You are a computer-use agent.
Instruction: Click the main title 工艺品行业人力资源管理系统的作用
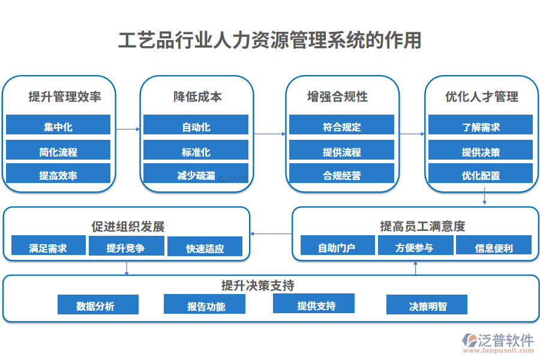pyautogui.click(x=269, y=40)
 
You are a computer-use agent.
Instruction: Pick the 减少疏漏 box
pyautogui.click(x=196, y=175)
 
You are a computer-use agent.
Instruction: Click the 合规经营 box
pyautogui.click(x=341, y=175)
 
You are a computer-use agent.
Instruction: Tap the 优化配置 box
pyautogui.click(x=481, y=175)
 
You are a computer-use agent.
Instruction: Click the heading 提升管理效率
pyautogui.click(x=65, y=97)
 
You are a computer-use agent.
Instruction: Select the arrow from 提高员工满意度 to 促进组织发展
pyautogui.click(x=271, y=233)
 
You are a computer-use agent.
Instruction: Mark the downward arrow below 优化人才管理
pyautogui.click(x=484, y=197)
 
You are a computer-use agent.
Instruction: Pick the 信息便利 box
pyautogui.click(x=493, y=246)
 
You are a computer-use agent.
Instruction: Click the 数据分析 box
pyautogui.click(x=98, y=305)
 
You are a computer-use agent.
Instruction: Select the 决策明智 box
pyautogui.click(x=427, y=305)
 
